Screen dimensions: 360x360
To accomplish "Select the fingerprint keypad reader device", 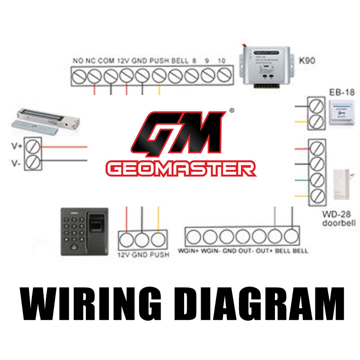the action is (x=85, y=231).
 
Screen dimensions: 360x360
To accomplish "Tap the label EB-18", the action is (x=342, y=93).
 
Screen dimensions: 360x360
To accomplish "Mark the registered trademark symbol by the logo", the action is (x=232, y=109).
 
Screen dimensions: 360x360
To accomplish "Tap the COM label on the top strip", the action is (x=106, y=60).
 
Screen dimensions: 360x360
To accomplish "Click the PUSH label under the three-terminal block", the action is (x=160, y=255).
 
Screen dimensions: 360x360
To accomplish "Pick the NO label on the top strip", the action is (x=77, y=60).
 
